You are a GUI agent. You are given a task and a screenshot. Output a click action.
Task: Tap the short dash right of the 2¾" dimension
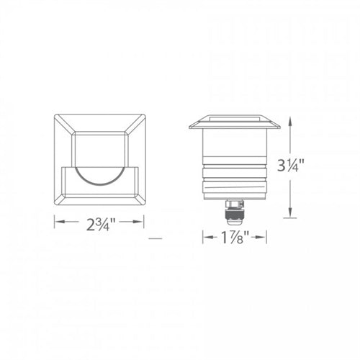153,237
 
